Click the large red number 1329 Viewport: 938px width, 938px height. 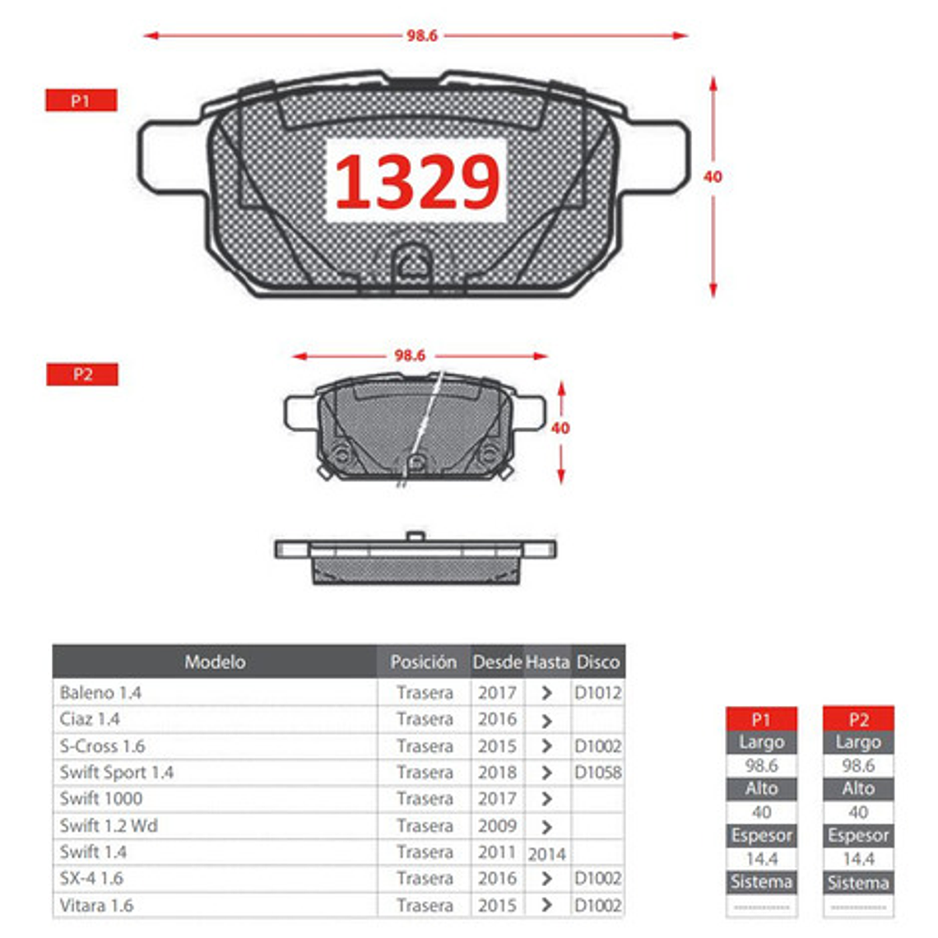[417, 182]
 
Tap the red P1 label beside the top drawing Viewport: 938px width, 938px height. [81, 100]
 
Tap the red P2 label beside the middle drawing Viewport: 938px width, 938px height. [82, 374]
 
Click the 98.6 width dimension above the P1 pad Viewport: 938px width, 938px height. [421, 35]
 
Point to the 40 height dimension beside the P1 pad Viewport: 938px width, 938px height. [713, 176]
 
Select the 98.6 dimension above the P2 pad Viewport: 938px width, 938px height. [410, 355]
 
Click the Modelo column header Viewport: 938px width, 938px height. [215, 662]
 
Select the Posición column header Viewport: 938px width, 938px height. [423, 662]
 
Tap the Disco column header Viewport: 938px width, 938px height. [597, 662]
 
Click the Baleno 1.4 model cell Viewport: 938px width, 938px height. [100, 693]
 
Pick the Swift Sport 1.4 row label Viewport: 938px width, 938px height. [117, 773]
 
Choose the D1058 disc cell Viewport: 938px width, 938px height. [597, 773]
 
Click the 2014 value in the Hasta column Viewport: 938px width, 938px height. [546, 854]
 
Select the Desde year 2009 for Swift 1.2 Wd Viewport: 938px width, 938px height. [497, 825]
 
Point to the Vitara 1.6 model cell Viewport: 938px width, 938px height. [96, 905]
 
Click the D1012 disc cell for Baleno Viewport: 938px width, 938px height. [597, 693]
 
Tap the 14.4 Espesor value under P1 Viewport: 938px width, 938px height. [761, 859]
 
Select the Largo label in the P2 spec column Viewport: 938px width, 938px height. [858, 742]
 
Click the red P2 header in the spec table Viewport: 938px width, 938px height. [858, 719]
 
